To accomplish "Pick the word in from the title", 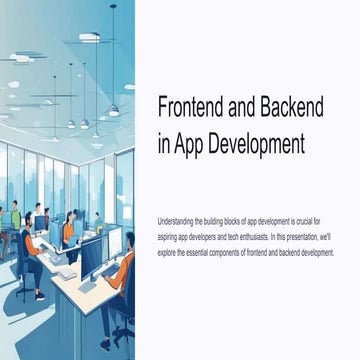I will [163, 143].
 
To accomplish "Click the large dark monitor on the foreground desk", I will [92, 258].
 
